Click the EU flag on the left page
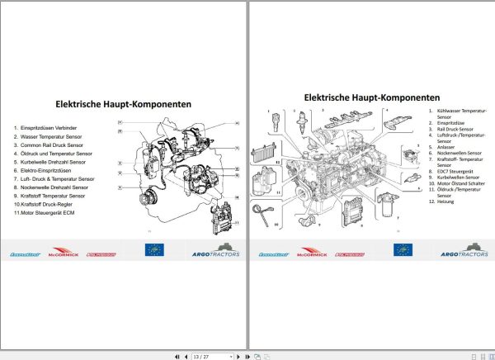[154, 250]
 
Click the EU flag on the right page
[403, 250]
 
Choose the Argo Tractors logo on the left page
[215, 250]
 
